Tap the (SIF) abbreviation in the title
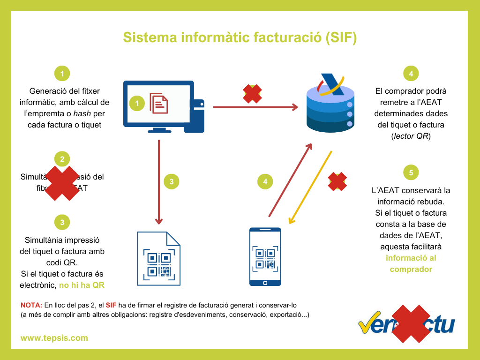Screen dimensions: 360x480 click(x=341, y=38)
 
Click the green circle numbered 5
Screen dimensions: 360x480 click(x=411, y=173)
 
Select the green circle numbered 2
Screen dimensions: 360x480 click(x=62, y=158)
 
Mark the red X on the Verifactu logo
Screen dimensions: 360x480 click(x=407, y=323)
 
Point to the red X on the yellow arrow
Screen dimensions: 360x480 click(x=337, y=181)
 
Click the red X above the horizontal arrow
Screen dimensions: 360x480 click(x=252, y=94)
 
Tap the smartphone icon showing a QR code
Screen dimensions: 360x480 click(x=265, y=256)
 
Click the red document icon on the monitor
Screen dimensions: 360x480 click(x=158, y=103)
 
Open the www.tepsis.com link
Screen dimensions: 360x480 click(x=54, y=338)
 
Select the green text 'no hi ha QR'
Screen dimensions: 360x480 click(x=82, y=285)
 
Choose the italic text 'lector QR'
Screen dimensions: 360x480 click(x=411, y=136)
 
